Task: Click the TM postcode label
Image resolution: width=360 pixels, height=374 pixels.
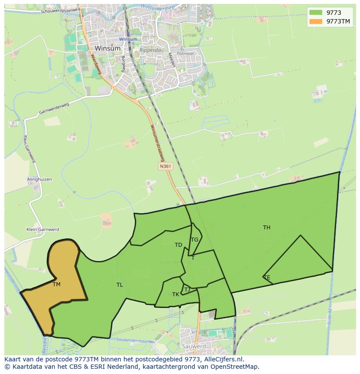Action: coord(57,285)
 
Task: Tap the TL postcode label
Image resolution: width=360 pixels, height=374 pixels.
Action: coord(120,285)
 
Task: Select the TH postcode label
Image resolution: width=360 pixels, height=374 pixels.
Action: coord(267,227)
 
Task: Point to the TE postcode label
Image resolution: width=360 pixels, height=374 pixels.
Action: coord(267,278)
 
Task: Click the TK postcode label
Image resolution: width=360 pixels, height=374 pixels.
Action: coord(176,295)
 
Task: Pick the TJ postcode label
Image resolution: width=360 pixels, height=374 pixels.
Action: coord(187,290)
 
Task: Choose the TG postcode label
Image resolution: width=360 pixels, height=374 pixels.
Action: coord(194,240)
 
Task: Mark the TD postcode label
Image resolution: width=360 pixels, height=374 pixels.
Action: coord(178,245)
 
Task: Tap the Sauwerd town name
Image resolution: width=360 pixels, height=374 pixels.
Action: coord(194,347)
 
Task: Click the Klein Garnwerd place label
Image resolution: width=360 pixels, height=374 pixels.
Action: coord(43,229)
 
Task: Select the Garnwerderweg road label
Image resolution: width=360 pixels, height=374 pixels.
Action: coord(54,110)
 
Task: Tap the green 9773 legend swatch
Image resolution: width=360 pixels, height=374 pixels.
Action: coord(316,13)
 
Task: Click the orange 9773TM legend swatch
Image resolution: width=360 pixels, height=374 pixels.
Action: coord(316,21)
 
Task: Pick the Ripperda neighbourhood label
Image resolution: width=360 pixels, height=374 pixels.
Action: coord(150,50)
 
